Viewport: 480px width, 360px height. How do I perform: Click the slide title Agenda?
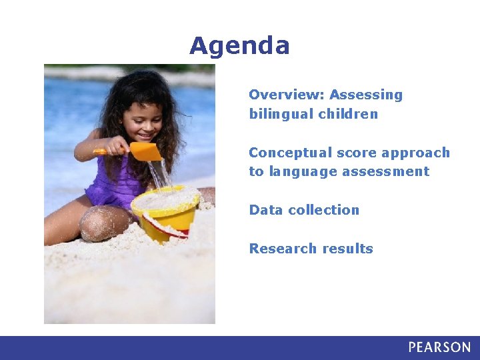(239, 46)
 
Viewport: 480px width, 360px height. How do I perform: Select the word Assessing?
(366, 95)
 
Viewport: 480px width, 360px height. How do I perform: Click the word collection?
(324, 210)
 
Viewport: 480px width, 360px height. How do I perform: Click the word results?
(348, 249)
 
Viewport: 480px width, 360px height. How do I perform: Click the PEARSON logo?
(439, 347)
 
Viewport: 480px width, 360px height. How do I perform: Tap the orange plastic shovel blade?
(145, 151)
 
